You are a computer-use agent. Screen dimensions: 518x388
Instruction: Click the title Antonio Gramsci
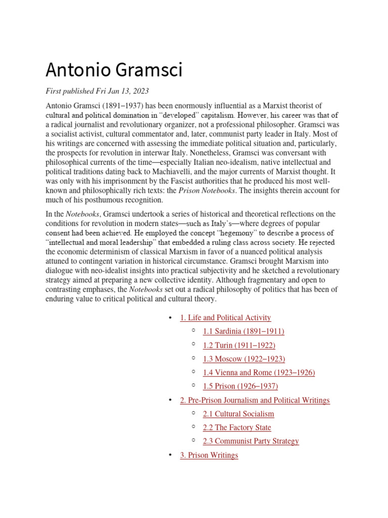click(114, 69)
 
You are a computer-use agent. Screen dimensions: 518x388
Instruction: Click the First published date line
click(97, 92)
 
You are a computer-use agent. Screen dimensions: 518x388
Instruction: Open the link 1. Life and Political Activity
click(225, 318)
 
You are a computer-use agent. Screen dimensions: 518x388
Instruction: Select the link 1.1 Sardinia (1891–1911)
click(244, 331)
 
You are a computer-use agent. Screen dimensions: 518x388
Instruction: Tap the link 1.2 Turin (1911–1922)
click(239, 345)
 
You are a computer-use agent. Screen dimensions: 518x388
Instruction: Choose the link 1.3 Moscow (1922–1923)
click(244, 359)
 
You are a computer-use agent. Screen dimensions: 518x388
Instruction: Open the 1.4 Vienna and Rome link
click(259, 372)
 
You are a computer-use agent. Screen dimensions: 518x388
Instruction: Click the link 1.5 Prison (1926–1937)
click(240, 386)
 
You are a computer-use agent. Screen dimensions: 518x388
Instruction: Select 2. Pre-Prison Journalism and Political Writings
click(255, 400)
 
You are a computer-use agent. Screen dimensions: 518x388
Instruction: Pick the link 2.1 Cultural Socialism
click(238, 414)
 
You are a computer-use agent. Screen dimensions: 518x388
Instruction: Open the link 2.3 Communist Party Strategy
click(251, 441)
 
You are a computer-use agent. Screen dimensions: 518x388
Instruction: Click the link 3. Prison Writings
click(209, 455)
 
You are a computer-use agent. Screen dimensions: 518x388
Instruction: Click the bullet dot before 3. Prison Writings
click(170, 455)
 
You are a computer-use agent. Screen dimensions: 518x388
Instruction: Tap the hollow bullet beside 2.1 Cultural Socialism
click(193, 413)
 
